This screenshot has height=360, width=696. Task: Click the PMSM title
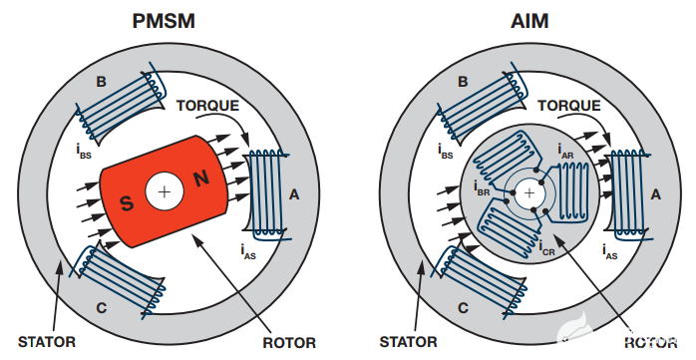coord(164,21)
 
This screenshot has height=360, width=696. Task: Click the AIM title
coord(529,21)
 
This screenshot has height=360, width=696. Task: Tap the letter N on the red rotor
coord(201,179)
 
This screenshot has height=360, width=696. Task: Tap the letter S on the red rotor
coord(127,203)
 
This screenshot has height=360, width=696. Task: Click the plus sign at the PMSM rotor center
coord(165,192)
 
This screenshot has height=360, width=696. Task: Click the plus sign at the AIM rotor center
coord(529,193)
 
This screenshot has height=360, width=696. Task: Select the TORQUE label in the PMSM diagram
coord(207,106)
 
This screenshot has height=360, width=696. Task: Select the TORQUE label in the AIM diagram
coord(569,106)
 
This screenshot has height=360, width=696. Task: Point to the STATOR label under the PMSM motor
coord(47,342)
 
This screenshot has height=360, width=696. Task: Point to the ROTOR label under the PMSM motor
coord(289,343)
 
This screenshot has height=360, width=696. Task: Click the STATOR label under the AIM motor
coord(409,342)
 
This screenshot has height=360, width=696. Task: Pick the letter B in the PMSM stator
coord(101,82)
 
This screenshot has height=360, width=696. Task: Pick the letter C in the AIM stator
coord(463,307)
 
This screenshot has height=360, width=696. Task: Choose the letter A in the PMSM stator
coord(294,194)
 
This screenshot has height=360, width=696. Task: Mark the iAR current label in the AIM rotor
coord(565,151)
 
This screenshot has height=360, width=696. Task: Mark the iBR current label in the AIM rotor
coord(482,188)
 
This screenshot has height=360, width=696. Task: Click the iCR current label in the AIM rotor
coord(546,248)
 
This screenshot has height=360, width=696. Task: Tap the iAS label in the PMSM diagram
coord(248,251)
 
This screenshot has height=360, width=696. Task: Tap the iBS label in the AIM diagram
coord(445,152)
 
